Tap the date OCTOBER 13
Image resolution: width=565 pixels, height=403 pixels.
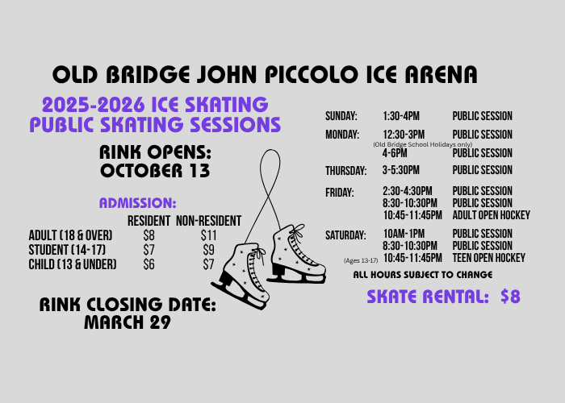155,171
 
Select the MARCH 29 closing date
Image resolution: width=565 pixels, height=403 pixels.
127,322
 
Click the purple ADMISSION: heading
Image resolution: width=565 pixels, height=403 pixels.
137,203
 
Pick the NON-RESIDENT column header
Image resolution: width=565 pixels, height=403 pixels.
208,221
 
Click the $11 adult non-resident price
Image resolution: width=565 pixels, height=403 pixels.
209,235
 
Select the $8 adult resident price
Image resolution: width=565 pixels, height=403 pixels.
149,235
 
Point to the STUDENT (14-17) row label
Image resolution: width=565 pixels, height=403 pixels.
67,250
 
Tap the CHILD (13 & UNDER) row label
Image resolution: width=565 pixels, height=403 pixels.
73,264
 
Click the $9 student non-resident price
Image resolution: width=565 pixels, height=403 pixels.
208,250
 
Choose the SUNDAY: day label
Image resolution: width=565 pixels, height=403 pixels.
341,117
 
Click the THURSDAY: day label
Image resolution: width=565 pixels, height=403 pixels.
346,171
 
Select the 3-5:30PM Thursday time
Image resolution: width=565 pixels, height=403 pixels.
407,171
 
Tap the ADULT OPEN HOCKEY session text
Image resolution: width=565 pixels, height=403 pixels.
491,215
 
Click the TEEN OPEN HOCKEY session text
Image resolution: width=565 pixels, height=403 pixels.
488,258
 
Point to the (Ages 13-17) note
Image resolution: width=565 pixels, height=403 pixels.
361,260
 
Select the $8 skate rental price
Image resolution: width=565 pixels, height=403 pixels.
510,297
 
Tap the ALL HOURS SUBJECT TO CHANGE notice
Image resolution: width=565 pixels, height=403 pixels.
423,275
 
